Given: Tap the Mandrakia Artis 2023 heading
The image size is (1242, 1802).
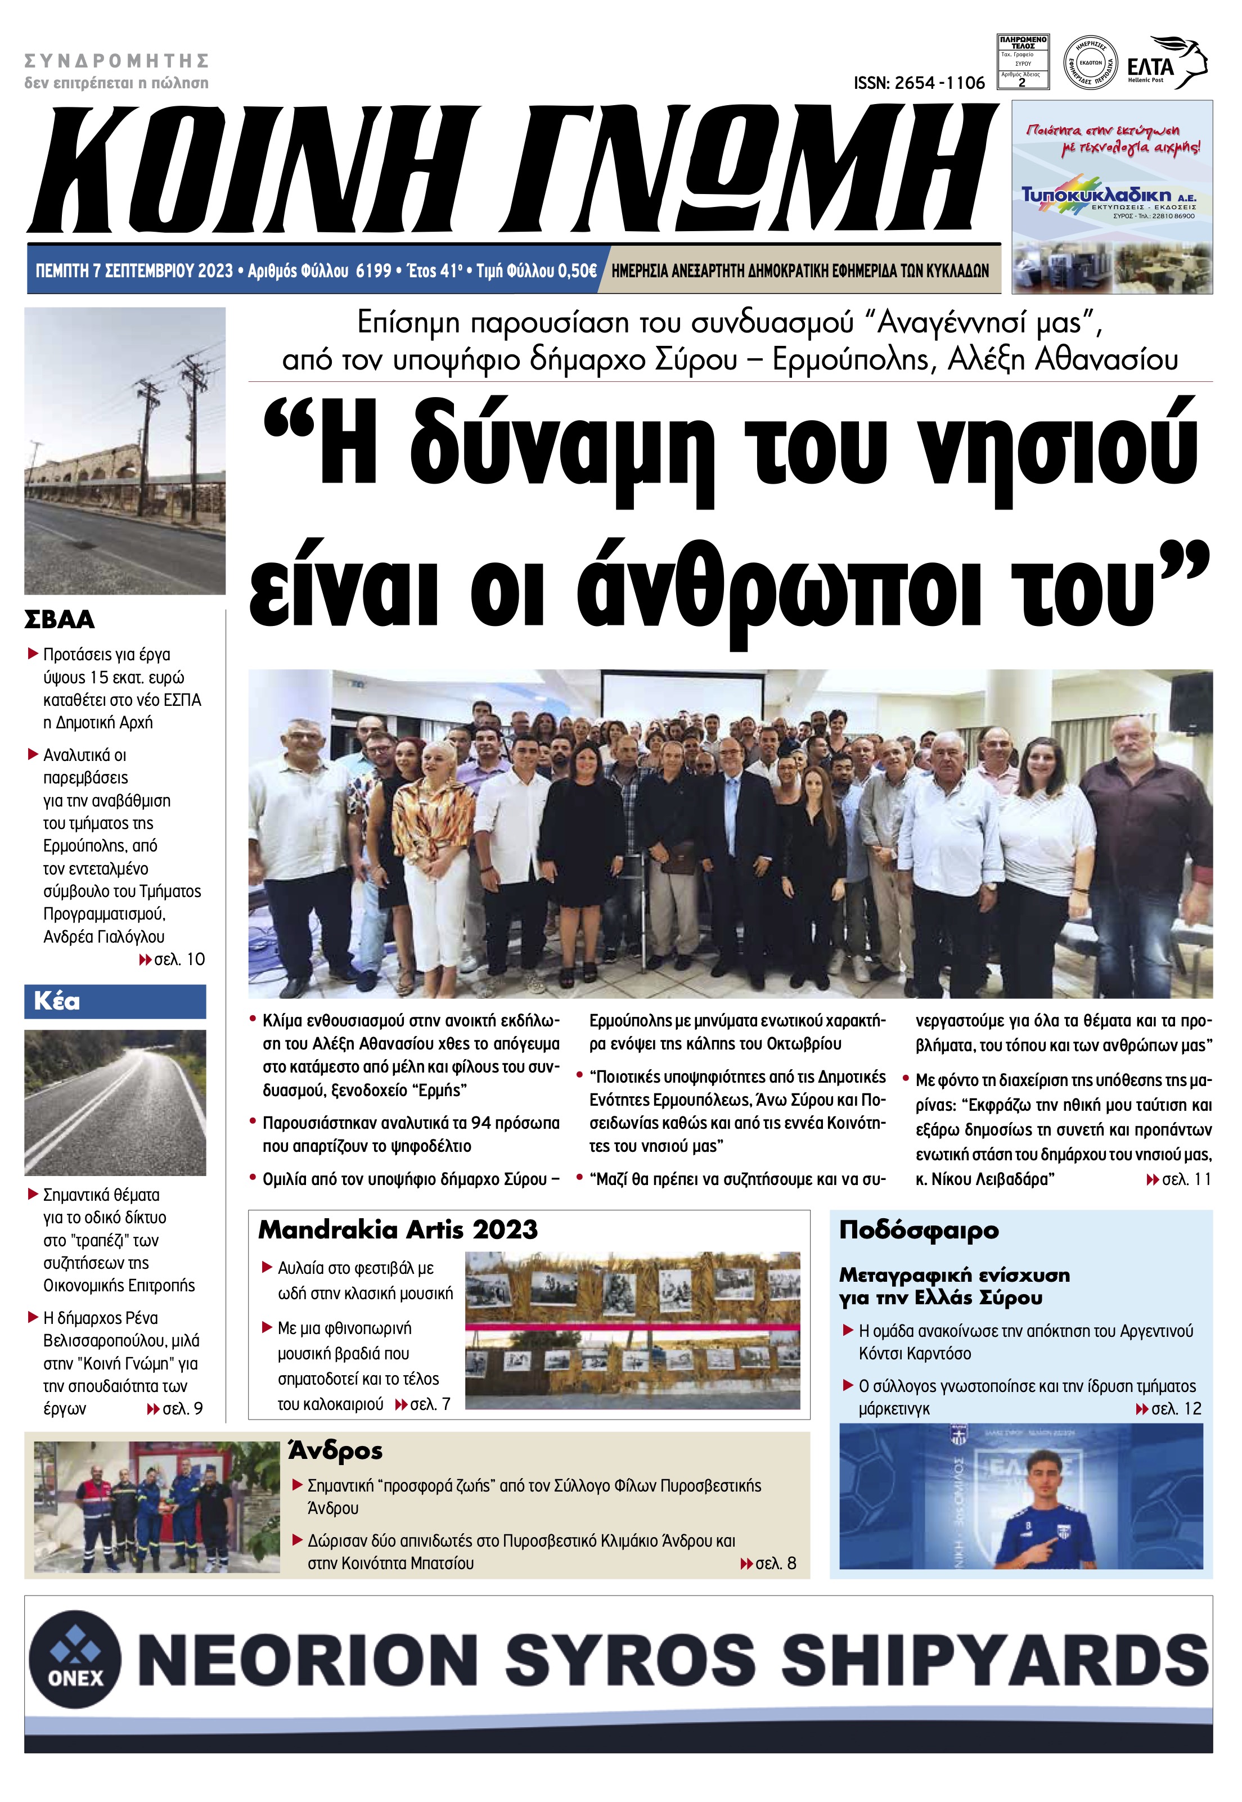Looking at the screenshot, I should coord(398,1229).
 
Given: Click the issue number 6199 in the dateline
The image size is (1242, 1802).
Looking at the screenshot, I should coord(373,271).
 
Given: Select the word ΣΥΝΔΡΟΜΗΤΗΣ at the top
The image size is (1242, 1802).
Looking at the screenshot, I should coord(117,61).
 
